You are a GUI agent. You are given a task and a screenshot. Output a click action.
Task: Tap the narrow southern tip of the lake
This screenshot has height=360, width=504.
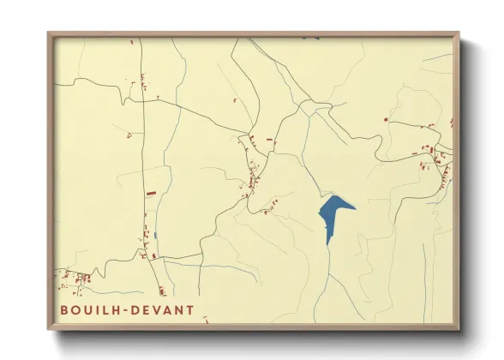click(327, 243)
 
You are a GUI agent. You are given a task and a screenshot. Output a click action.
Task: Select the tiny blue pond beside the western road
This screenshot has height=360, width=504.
click(155, 235)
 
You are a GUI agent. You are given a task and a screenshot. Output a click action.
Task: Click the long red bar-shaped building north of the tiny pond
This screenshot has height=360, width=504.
click(151, 195)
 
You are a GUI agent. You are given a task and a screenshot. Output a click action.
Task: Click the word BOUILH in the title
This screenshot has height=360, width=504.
click(90, 309)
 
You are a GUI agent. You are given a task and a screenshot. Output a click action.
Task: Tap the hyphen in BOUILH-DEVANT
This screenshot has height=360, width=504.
click(125, 309)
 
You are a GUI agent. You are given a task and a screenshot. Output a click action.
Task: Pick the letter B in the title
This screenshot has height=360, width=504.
click(64, 309)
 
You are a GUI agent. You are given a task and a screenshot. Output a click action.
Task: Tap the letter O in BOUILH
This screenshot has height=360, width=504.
click(76, 309)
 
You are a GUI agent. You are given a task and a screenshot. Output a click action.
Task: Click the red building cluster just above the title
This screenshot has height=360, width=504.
click(77, 278)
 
